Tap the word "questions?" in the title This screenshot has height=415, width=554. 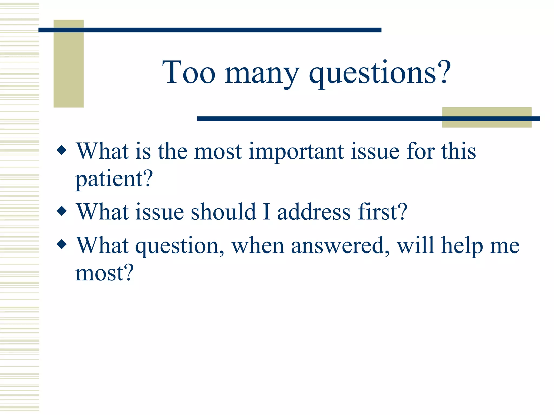(x=380, y=73)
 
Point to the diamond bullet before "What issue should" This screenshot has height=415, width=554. (x=62, y=211)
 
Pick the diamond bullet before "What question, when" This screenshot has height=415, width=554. (x=62, y=244)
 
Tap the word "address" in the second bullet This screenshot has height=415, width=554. (x=314, y=212)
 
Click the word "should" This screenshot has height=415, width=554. (x=223, y=212)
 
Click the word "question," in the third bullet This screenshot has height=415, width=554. (x=180, y=246)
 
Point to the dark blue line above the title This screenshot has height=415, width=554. (x=210, y=30)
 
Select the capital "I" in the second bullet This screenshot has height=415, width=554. (x=267, y=212)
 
